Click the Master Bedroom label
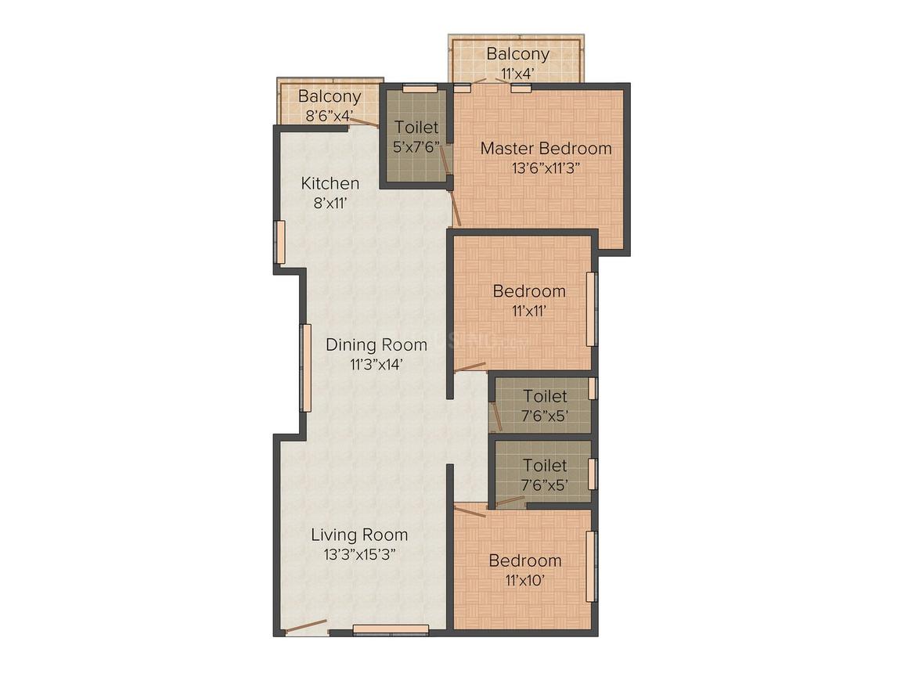pos(546,148)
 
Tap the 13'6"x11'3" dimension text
pos(546,168)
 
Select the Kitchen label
pos(330,184)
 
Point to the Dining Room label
pos(377,345)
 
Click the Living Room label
pos(359,535)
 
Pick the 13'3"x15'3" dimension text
pos(359,555)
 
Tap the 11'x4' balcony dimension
pos(517,74)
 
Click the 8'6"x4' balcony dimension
pos(329,115)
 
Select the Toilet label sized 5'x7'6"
pos(416,127)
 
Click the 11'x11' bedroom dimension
pos(529,311)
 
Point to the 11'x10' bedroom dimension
pos(525,580)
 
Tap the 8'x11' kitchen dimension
pos(330,204)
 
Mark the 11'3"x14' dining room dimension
pos(377,365)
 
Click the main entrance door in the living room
pos(306,627)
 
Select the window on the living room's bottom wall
pos(391,629)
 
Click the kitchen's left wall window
pos(279,242)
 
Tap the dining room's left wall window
pos(305,368)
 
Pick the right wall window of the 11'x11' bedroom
pos(591,309)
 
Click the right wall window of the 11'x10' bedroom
pos(591,567)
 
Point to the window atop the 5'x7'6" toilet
pos(420,88)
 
